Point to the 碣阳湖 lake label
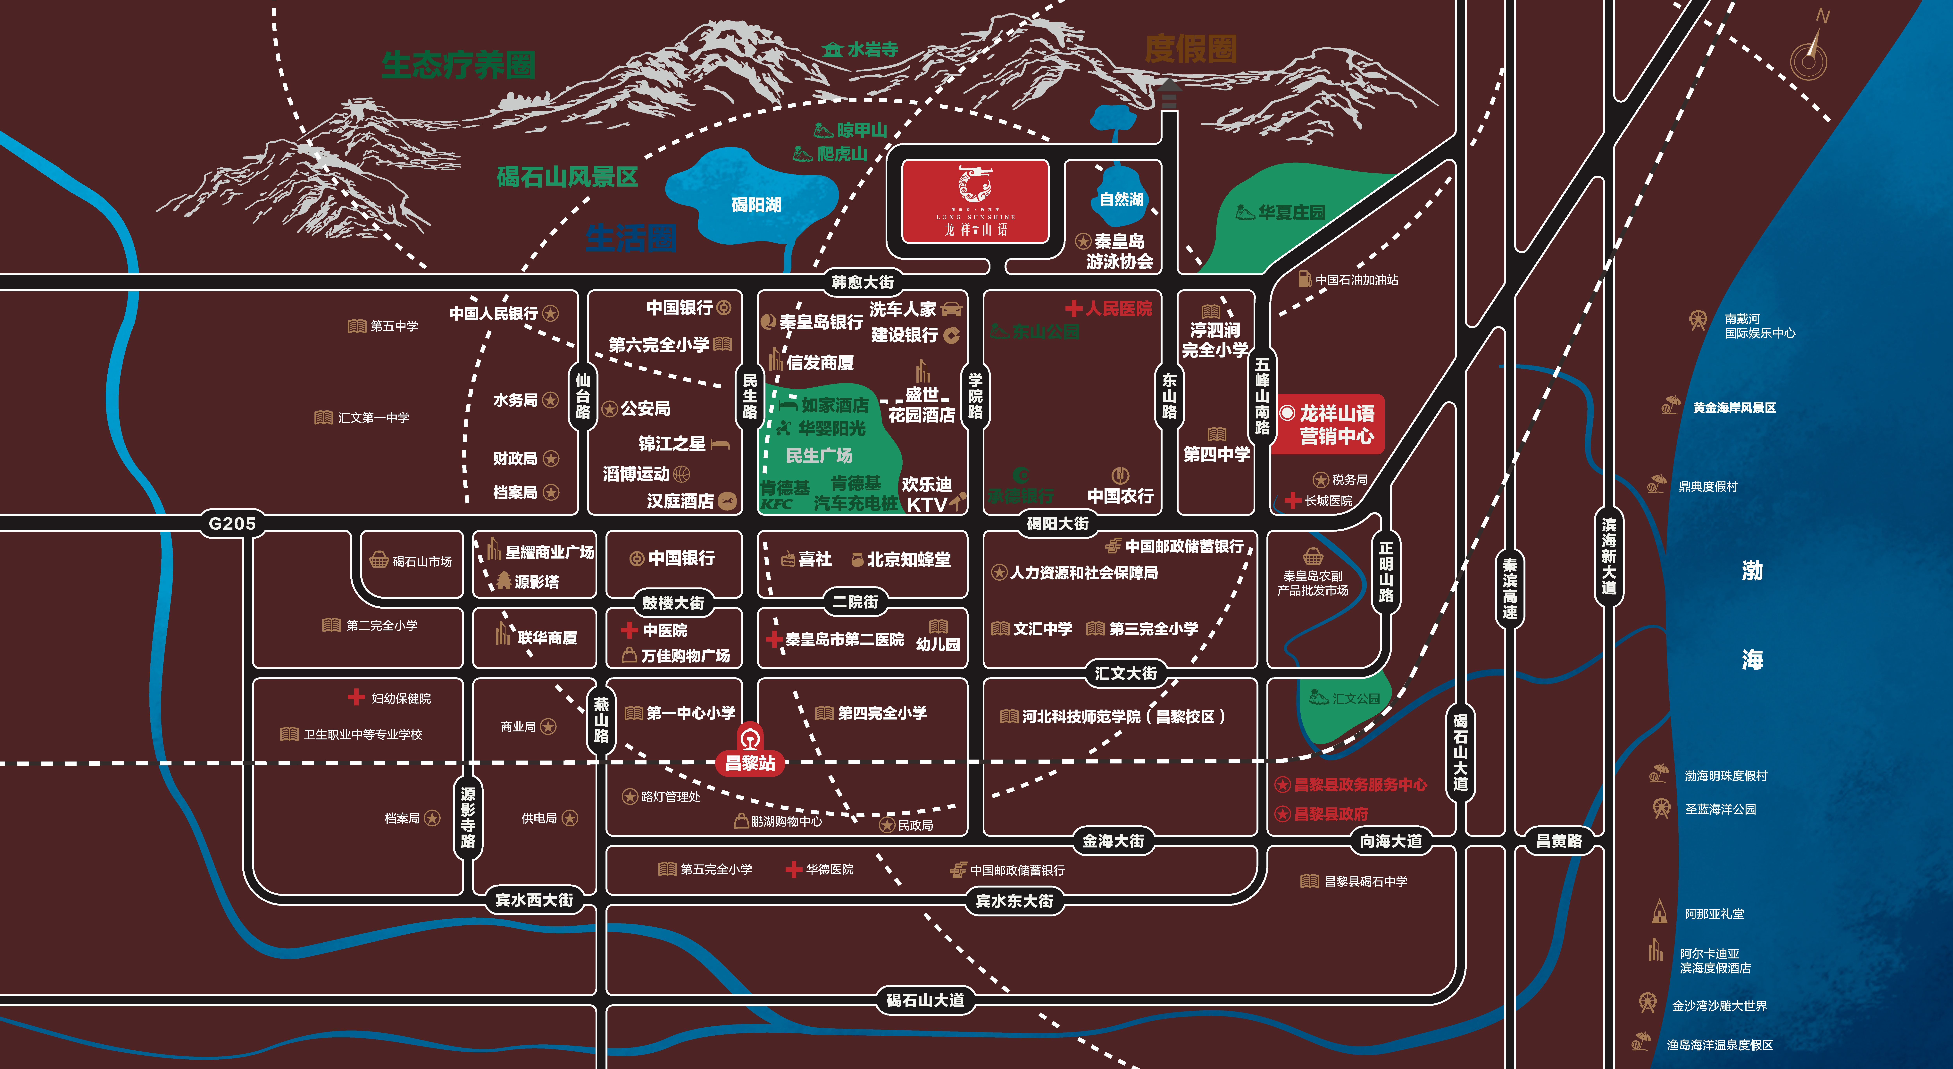pos(756,205)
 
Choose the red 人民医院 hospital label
pos(1109,309)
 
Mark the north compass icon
pos(1810,53)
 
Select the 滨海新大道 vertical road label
pos(1609,556)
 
